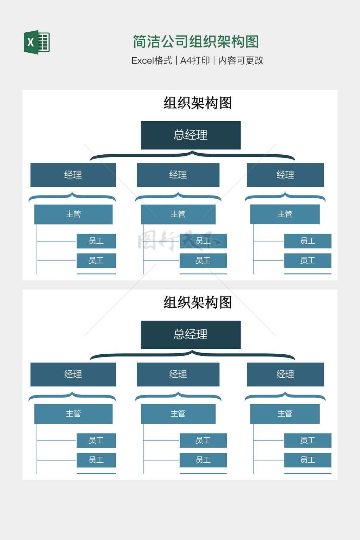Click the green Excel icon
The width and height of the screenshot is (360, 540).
click(37, 42)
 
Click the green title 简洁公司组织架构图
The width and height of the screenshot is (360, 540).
click(196, 41)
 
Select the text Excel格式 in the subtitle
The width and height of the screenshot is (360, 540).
click(152, 60)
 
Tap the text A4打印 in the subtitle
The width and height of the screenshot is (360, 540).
click(195, 60)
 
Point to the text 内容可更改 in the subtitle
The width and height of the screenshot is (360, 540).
click(241, 60)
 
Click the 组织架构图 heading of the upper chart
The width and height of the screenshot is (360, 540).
click(198, 103)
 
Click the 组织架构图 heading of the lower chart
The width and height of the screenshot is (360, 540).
click(198, 302)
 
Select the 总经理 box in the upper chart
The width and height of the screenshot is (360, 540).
click(191, 135)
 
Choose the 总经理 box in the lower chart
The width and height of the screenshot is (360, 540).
click(191, 335)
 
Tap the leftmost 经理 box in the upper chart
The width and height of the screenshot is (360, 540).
click(73, 175)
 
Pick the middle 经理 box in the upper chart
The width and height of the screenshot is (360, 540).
click(178, 175)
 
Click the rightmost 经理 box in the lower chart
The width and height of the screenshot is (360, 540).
click(285, 374)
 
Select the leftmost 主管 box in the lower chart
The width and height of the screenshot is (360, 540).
click(73, 414)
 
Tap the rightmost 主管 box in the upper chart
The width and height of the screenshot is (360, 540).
click(285, 214)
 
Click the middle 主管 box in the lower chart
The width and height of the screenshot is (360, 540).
click(178, 414)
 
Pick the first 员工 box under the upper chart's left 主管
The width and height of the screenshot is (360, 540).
click(96, 241)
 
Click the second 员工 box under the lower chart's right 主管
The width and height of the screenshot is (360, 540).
click(308, 460)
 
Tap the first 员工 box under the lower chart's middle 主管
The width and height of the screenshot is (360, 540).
click(203, 441)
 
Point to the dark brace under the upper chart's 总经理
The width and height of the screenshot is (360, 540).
click(192, 155)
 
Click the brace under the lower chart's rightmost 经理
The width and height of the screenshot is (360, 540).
click(285, 396)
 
